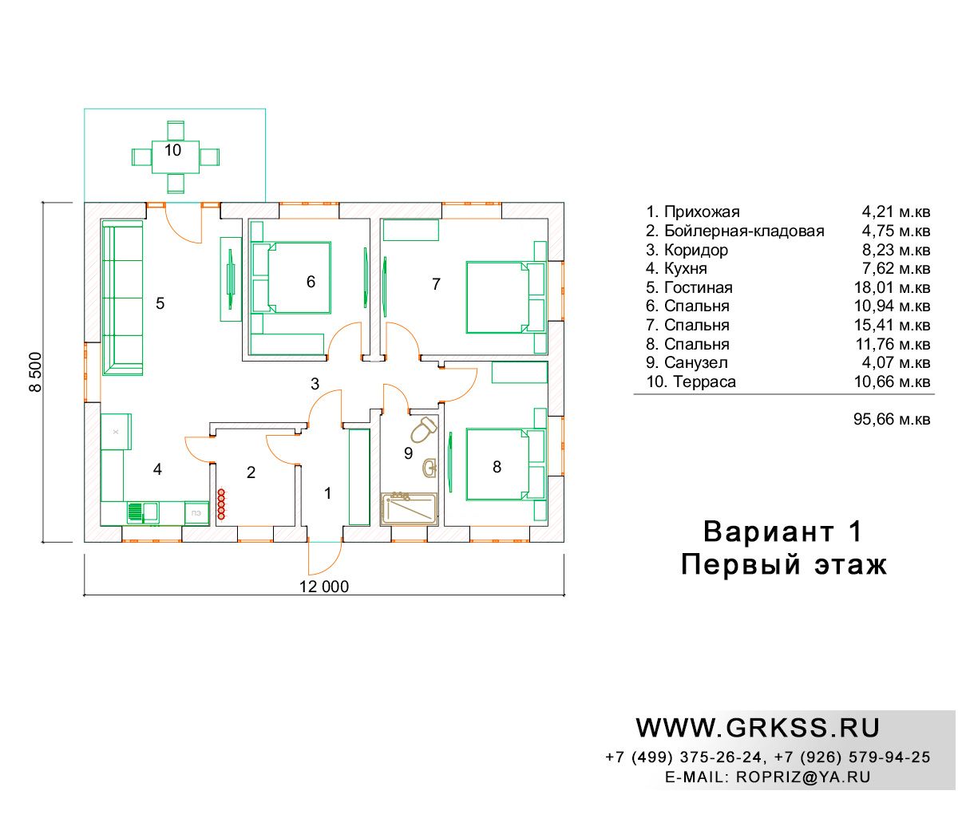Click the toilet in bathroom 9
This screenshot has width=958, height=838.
click(423, 429)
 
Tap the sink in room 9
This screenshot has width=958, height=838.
click(430, 467)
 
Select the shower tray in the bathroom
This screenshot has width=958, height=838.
click(409, 509)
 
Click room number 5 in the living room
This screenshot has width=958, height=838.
click(160, 303)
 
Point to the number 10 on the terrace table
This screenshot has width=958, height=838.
click(172, 150)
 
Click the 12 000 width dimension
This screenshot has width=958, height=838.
click(324, 587)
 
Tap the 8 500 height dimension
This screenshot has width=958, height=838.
click(36, 372)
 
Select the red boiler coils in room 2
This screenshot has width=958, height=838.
click(221, 504)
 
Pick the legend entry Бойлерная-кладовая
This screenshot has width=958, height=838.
click(744, 231)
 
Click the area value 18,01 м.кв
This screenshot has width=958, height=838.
click(892, 287)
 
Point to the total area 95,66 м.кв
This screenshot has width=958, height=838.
click(892, 419)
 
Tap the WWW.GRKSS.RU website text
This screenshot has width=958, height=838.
click(758, 728)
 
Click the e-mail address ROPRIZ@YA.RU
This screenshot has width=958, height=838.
click(803, 777)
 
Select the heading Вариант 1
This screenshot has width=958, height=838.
click(782, 532)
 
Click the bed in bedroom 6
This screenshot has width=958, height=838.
click(291, 278)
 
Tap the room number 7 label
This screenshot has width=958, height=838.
click(436, 283)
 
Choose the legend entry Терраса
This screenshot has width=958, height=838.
click(704, 381)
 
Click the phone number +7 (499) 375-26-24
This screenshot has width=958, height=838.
click(683, 757)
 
